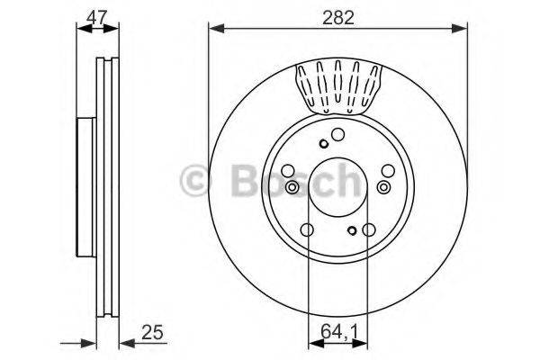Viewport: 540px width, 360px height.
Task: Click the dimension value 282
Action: [x=339, y=15]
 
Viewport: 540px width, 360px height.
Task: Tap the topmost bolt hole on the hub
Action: [x=337, y=135]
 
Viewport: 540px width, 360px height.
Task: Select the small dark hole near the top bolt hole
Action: [x=323, y=143]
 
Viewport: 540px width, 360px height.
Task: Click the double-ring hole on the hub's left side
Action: [x=292, y=187]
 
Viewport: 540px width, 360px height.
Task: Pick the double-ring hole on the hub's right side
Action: [x=384, y=187]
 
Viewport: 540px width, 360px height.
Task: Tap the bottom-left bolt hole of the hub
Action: [x=307, y=230]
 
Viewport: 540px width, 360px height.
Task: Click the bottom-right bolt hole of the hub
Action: [x=367, y=230]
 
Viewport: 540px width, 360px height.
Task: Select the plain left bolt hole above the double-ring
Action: [x=287, y=170]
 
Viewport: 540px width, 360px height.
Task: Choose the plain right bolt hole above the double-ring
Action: [x=388, y=170]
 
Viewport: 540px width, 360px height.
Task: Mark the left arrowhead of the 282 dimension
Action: [x=213, y=30]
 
